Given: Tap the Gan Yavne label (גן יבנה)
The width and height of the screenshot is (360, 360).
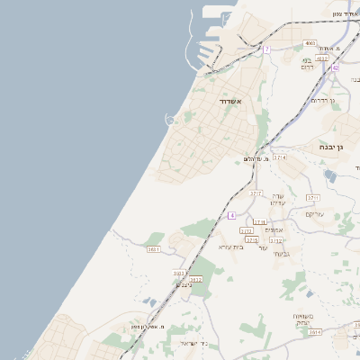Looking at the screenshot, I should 334,147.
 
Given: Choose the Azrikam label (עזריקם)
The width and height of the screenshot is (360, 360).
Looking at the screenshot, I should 315,213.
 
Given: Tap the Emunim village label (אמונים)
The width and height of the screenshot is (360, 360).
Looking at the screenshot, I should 274,230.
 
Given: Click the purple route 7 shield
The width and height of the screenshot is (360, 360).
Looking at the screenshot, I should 266,49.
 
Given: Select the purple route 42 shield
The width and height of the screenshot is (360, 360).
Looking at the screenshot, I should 335,67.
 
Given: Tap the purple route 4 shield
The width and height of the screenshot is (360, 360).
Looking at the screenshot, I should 231,216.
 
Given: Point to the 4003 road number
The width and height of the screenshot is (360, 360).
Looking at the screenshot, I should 310,42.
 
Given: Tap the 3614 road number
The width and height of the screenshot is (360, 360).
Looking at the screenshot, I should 314,332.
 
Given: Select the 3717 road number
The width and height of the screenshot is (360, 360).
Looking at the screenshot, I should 256,193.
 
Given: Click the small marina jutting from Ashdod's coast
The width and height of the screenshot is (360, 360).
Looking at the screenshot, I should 170,120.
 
